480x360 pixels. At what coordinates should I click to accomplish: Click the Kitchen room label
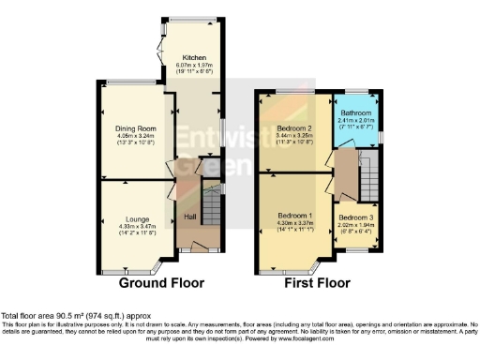pyautogui.click(x=194, y=57)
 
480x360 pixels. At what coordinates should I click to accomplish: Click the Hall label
pyautogui.click(x=189, y=217)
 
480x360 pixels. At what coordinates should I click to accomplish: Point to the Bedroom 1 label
pyautogui.click(x=295, y=217)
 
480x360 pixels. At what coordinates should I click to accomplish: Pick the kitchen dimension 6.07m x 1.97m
pyautogui.click(x=194, y=65)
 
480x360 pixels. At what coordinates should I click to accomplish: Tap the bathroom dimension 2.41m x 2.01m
pyautogui.click(x=355, y=120)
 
